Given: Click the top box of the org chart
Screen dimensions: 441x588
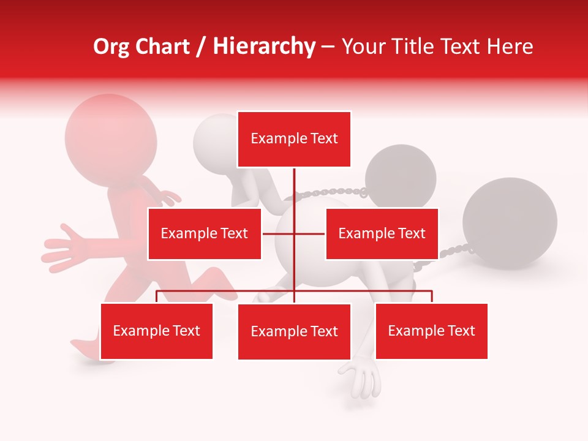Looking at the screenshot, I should tap(294, 139).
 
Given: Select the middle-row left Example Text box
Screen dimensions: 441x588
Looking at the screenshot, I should tap(205, 233).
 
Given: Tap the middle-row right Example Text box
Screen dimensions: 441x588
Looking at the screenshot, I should tap(382, 233).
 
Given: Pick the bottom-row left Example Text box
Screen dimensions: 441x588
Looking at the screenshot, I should tap(157, 331).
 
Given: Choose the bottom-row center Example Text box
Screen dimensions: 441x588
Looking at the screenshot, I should tap(294, 331).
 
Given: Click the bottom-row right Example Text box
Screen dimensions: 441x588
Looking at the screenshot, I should tap(431, 331).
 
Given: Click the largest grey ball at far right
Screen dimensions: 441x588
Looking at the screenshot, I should tap(510, 223).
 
